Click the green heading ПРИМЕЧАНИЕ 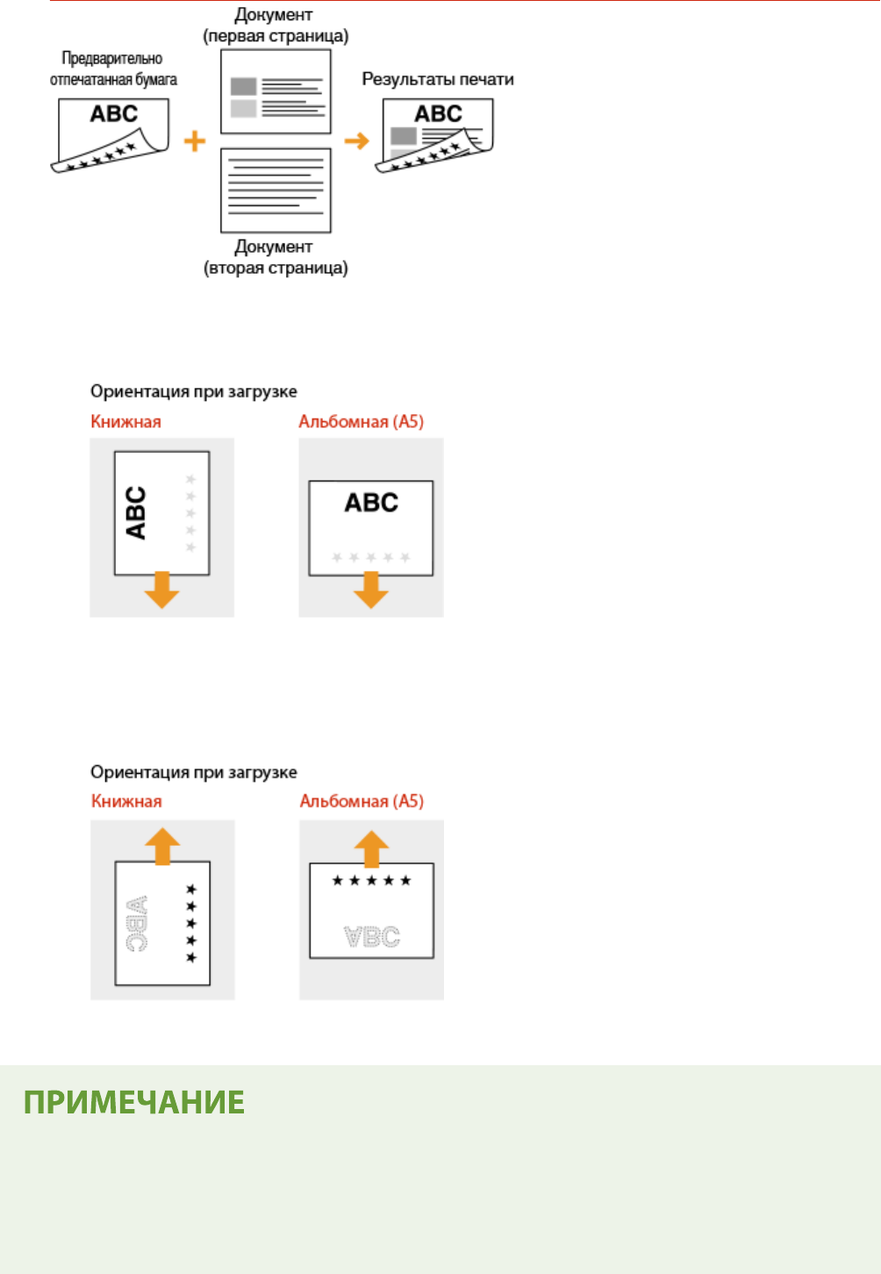(x=133, y=1103)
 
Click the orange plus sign (x=195, y=140)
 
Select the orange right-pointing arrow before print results (x=356, y=140)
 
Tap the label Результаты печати (x=438, y=79)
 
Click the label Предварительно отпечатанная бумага (x=113, y=68)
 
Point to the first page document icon (x=276, y=91)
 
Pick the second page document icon (x=276, y=190)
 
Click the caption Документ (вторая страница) (x=276, y=257)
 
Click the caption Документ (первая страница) (x=276, y=25)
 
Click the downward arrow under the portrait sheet (x=161, y=590)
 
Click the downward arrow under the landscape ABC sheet (x=371, y=590)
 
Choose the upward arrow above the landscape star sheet (x=371, y=848)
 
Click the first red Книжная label (x=125, y=422)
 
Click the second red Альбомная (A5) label (x=362, y=801)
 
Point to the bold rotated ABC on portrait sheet (x=136, y=512)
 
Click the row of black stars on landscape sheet (x=371, y=880)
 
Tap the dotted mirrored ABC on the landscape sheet (x=372, y=937)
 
